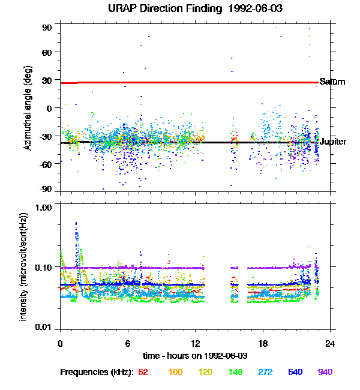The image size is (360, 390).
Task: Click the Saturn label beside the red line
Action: click(x=332, y=82)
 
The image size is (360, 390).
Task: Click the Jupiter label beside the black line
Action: click(x=332, y=142)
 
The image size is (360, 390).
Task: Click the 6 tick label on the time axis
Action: click(x=128, y=343)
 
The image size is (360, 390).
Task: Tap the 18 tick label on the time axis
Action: click(x=263, y=343)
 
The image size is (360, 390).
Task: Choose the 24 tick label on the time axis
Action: click(x=330, y=343)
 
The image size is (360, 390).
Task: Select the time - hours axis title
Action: click(x=195, y=356)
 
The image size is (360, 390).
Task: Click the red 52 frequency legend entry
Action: click(x=143, y=373)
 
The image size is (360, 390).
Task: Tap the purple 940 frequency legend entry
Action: click(x=325, y=373)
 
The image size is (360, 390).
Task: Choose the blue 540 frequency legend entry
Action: click(x=295, y=373)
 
